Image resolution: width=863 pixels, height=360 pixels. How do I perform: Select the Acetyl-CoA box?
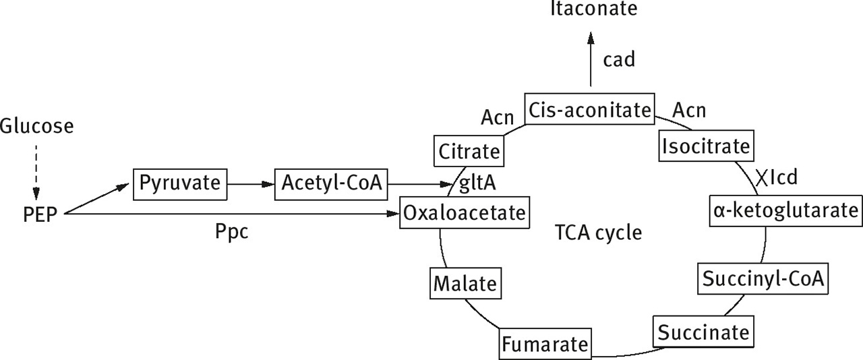(331, 183)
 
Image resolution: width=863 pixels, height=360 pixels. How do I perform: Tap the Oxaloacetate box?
(463, 214)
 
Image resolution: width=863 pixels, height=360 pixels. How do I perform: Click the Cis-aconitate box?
(589, 109)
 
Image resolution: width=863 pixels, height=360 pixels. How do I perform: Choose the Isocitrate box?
(705, 146)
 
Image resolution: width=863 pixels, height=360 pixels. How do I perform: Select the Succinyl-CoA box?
(763, 278)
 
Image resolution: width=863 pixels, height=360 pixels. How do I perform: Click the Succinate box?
(703, 332)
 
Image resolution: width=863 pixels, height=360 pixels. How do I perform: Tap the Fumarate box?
(545, 344)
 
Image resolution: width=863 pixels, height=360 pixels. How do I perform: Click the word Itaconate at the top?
(593, 9)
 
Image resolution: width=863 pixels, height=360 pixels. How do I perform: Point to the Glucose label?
(36, 126)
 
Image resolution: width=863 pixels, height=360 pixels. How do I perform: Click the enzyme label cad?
(619, 60)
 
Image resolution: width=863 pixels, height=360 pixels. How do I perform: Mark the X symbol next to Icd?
(761, 178)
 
